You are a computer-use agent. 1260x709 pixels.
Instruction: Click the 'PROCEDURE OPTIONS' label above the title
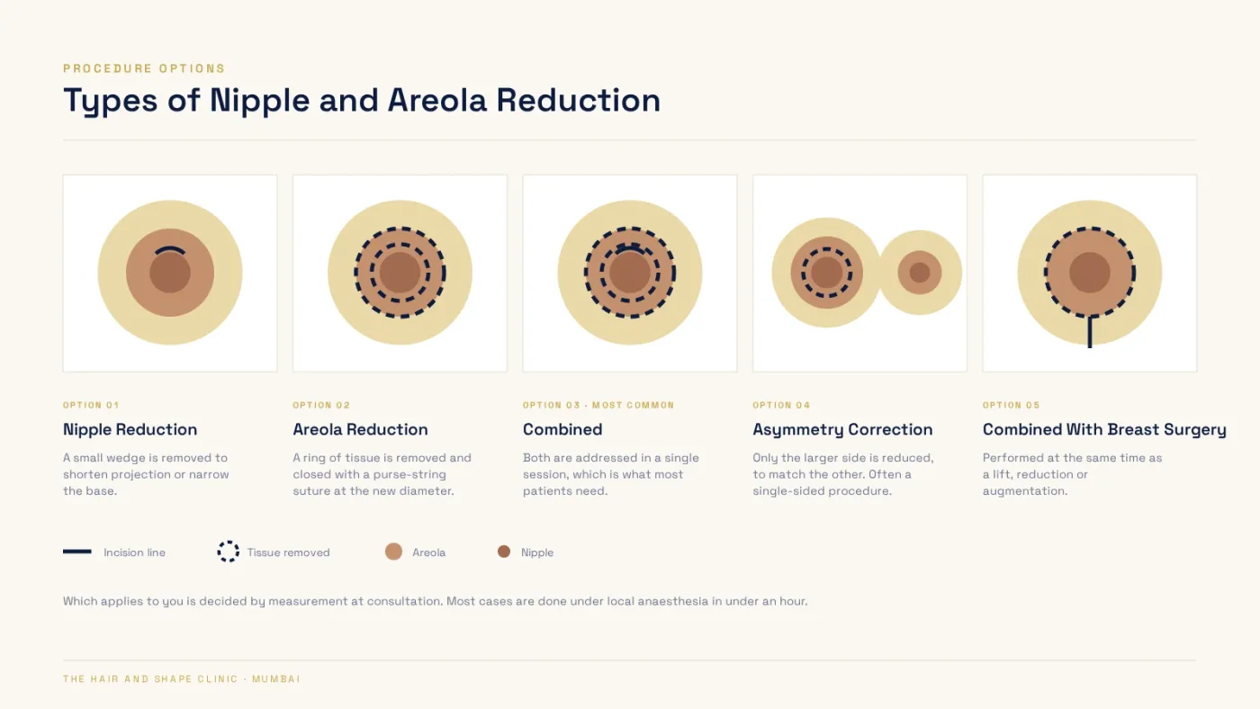(x=144, y=68)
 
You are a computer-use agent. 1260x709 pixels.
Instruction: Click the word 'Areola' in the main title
(x=437, y=101)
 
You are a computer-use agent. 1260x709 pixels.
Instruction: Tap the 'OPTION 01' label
(x=91, y=405)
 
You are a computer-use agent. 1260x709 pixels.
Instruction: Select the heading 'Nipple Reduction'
(x=130, y=429)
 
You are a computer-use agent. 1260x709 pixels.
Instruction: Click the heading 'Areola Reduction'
(x=360, y=429)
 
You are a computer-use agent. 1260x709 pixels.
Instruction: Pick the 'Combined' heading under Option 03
(x=562, y=429)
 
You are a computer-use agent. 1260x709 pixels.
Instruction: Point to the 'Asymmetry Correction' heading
(x=842, y=430)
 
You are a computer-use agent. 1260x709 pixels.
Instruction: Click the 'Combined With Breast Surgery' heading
(x=1105, y=430)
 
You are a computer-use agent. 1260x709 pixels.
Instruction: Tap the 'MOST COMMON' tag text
(x=634, y=405)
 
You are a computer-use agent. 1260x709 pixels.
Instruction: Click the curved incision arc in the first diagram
(x=170, y=249)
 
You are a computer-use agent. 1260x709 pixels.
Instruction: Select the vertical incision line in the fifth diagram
(x=1090, y=332)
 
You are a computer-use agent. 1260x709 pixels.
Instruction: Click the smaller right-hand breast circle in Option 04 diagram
(x=920, y=273)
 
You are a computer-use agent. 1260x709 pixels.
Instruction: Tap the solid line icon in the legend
(x=77, y=552)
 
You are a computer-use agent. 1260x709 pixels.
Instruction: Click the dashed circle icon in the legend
(x=229, y=552)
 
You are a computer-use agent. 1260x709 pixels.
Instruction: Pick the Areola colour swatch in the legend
(x=394, y=552)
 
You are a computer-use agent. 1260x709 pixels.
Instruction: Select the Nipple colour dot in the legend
(x=504, y=552)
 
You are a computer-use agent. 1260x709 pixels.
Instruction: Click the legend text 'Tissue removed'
(x=289, y=552)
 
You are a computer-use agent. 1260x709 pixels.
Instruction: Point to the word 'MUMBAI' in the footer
(x=276, y=679)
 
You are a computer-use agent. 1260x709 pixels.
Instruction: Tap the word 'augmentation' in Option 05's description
(x=1023, y=491)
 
